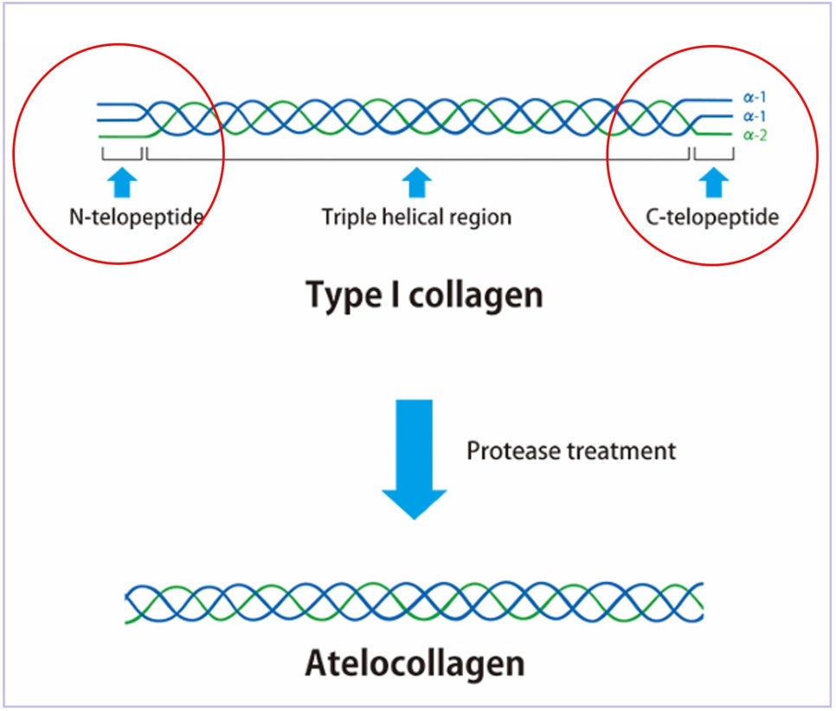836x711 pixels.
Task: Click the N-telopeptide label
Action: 137,217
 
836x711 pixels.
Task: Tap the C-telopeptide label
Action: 712,217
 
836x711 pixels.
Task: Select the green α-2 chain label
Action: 756,135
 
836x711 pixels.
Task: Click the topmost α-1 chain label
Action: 755,97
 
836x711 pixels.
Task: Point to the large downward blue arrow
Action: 415,459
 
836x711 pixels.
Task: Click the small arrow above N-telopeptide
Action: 123,183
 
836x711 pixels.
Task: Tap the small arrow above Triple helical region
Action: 416,183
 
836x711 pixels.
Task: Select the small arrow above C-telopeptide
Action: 714,183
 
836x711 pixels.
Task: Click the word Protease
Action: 513,451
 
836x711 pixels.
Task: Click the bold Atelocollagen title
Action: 415,663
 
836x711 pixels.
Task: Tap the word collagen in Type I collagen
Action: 476,295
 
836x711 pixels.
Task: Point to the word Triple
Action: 349,217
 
